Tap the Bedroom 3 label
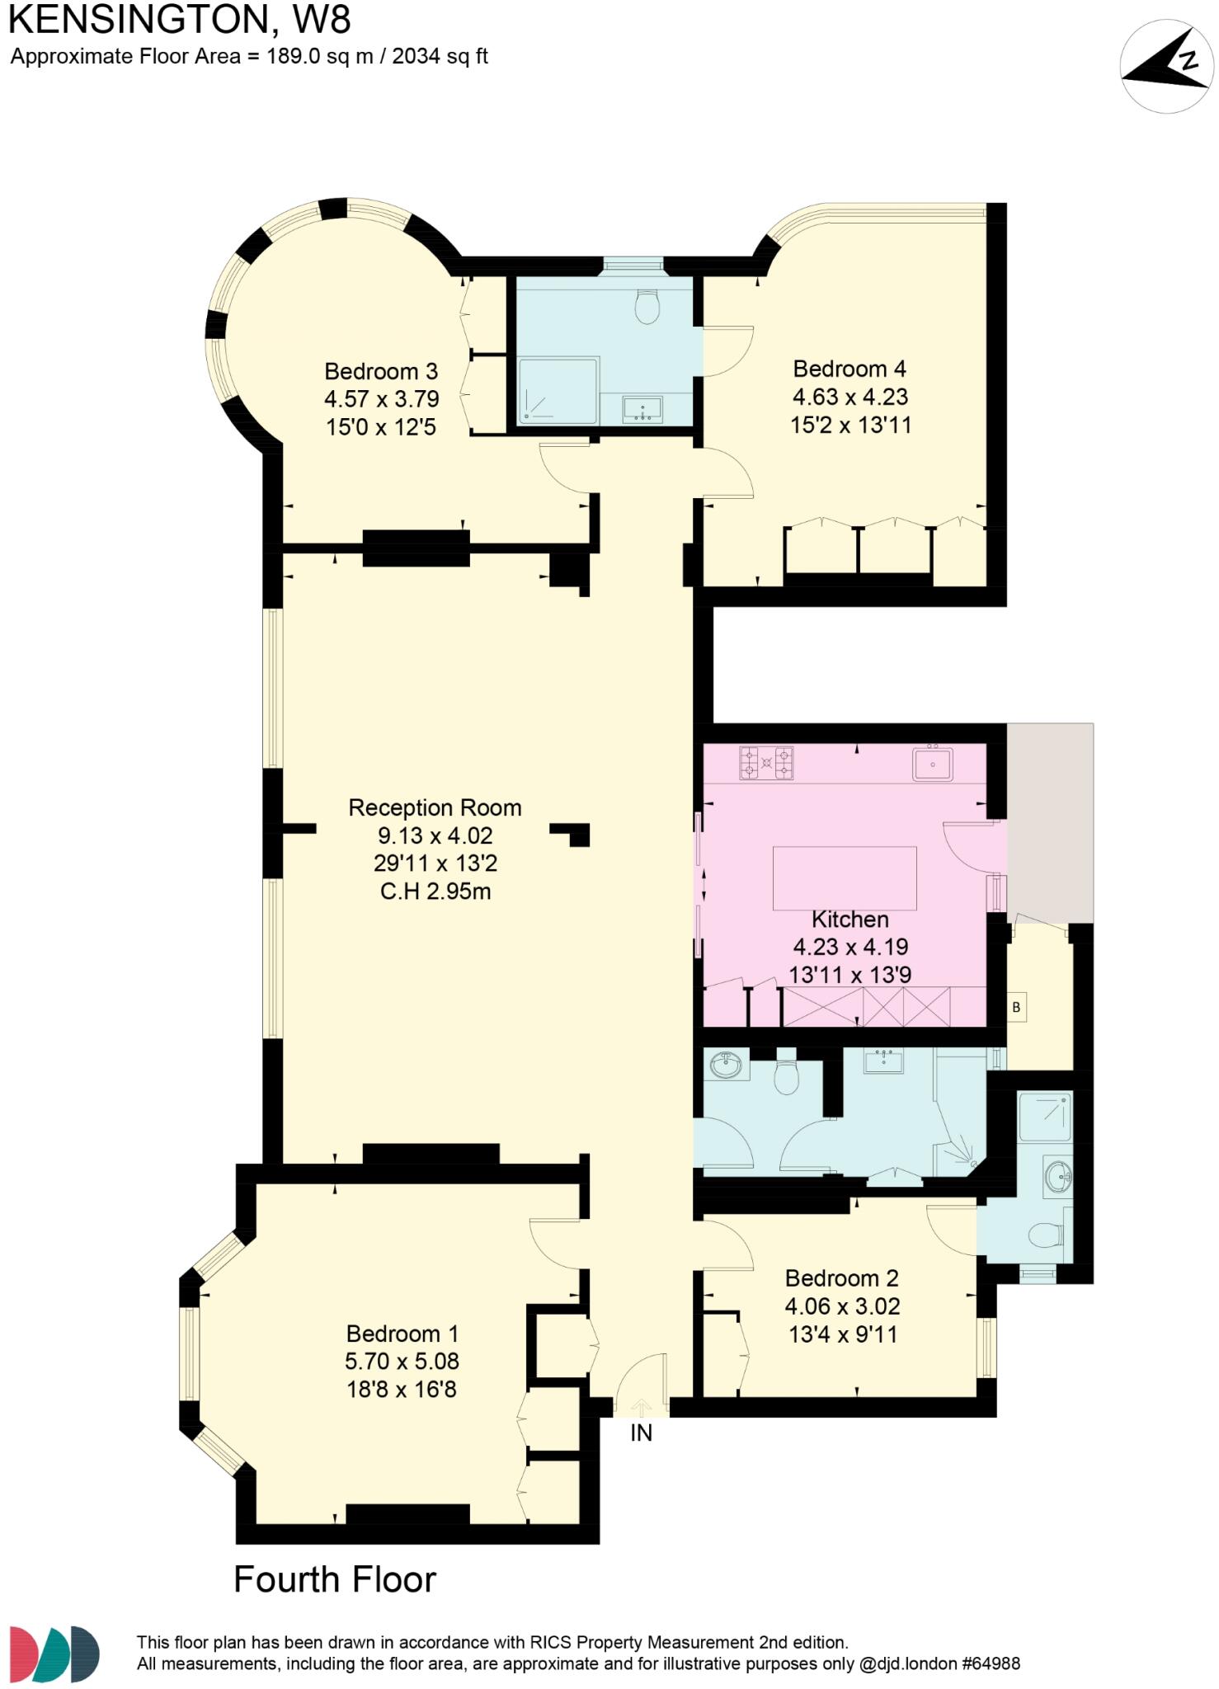pyautogui.click(x=380, y=371)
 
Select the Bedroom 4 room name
pyautogui.click(x=850, y=369)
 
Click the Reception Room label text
pyautogui.click(x=435, y=807)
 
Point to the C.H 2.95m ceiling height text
pyautogui.click(x=435, y=892)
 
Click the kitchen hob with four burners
pyautogui.click(x=766, y=763)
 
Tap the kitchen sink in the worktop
pyautogui.click(x=932, y=764)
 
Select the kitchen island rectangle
pyautogui.click(x=845, y=877)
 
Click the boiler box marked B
pyautogui.click(x=1016, y=1007)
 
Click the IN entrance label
pyautogui.click(x=641, y=1433)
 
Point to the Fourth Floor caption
pyautogui.click(x=335, y=1579)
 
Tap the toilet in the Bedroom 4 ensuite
pyautogui.click(x=647, y=307)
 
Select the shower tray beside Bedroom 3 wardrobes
pyautogui.click(x=558, y=391)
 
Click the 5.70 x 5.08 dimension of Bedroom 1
pyautogui.click(x=402, y=1362)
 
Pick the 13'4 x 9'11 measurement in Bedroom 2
pyautogui.click(x=842, y=1334)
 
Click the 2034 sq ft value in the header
pyautogui.click(x=440, y=57)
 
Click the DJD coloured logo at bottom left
pyautogui.click(x=54, y=1654)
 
